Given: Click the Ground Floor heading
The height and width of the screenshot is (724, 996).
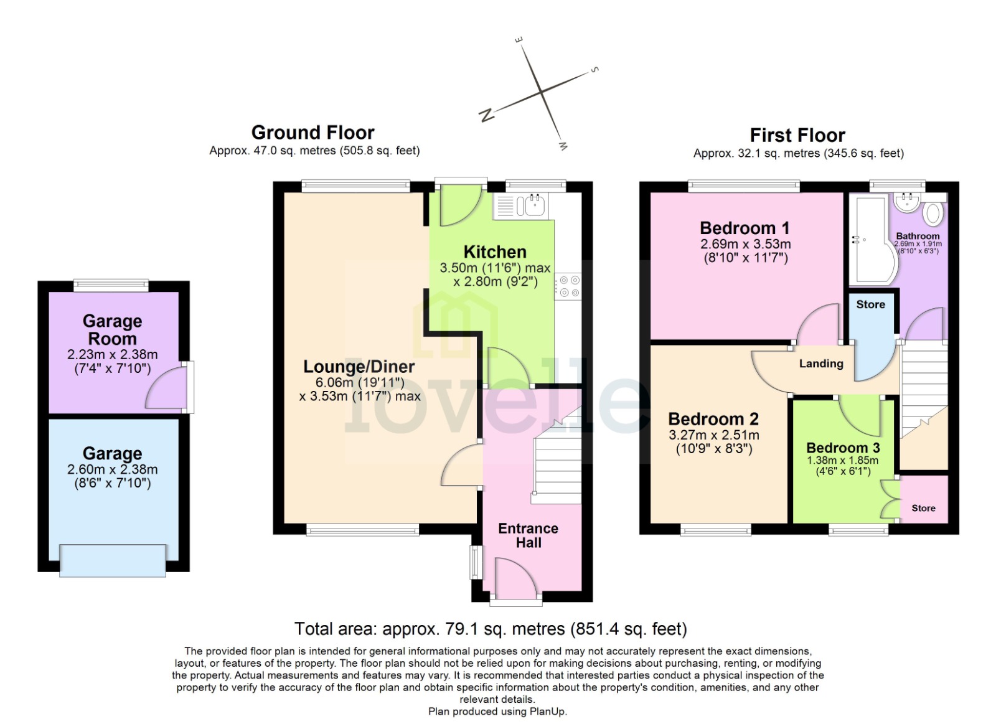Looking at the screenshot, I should click(x=312, y=133).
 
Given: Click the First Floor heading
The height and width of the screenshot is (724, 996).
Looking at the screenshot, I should click(x=797, y=135).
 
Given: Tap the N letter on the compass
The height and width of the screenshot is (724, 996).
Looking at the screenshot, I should click(x=487, y=115).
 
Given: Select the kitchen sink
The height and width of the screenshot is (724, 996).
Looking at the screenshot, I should click(x=535, y=205).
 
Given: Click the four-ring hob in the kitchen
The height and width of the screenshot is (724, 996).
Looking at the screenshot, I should click(x=568, y=286).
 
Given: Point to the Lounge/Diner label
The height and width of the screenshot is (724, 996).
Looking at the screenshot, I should click(x=359, y=367).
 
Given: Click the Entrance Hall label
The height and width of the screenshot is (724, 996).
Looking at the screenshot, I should click(x=528, y=535).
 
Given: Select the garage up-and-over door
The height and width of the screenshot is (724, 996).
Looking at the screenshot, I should click(x=113, y=560).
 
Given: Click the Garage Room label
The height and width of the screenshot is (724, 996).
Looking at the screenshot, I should click(x=112, y=330).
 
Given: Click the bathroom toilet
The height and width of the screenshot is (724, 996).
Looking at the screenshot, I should click(x=933, y=213).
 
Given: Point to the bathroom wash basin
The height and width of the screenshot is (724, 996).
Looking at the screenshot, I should click(x=907, y=201).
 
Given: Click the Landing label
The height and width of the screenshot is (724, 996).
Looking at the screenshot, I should click(x=821, y=364).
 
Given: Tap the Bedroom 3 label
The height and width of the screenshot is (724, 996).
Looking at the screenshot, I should click(x=843, y=448).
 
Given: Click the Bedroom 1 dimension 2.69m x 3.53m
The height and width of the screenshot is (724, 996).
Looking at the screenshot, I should click(x=745, y=244).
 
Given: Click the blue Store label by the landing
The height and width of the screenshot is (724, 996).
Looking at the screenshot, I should click(x=870, y=304).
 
